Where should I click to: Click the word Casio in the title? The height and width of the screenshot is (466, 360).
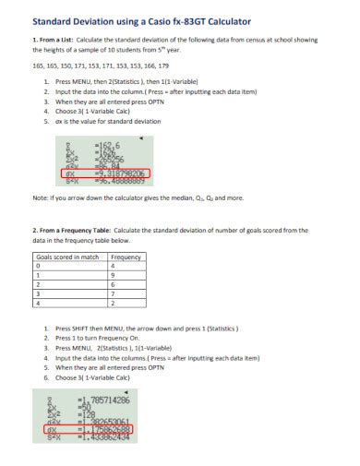coord(153,18)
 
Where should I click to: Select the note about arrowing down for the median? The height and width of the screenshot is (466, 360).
coord(138,197)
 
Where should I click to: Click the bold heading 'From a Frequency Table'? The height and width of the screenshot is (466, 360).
coord(79,230)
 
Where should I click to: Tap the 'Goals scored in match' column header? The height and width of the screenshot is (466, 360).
coord(66,257)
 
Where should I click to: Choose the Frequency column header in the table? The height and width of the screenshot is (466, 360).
coord(126,257)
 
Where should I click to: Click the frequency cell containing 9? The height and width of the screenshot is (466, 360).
coord(112,275)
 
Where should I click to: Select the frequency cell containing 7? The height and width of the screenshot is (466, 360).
coord(112,293)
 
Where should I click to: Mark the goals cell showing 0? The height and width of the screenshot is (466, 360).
coord(38,266)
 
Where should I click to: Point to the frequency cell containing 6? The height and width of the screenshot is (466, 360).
coord(112,283)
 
